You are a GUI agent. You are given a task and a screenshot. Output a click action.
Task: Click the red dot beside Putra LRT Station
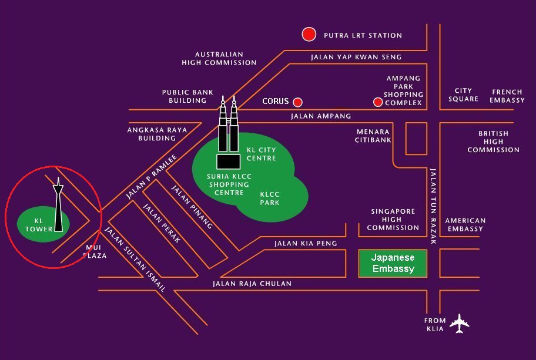coord(309,35)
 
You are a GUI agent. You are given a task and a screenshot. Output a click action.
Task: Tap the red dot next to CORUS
coord(298,102)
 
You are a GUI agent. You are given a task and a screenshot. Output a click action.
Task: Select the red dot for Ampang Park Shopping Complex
coord(378,102)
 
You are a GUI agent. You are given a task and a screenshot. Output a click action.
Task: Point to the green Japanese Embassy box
coord(393,263)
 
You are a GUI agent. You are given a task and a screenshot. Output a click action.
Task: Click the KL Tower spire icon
coord(58,206)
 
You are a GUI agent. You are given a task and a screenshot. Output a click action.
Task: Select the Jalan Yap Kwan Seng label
coord(356,57)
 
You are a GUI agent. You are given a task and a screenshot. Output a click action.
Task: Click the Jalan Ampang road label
coord(321,116)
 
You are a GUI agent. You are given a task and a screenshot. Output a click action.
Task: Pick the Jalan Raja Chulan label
coord(252,284)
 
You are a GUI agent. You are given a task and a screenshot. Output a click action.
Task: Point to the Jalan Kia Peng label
coord(306,243)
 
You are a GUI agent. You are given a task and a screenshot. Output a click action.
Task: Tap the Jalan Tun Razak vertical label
coord(433,206)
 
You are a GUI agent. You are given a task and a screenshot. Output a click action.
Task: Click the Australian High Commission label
coord(219,58)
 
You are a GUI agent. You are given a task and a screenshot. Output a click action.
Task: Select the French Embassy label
coord(508,96)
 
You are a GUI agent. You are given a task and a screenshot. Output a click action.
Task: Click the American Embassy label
coord(465,224)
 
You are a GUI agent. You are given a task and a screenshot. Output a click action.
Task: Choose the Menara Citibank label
coord(373,136)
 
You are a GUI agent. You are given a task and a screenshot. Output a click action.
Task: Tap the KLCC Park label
coord(270,198)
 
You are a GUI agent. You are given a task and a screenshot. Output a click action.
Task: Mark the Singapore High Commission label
coord(393,219)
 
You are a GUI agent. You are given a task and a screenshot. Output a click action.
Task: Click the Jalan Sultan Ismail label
coord(135,260)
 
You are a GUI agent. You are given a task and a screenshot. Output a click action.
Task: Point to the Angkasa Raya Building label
coord(157,134)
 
